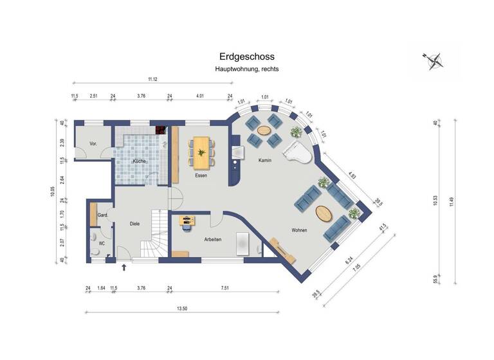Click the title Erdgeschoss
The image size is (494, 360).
(x=247, y=57)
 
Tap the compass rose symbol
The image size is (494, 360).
(x=435, y=60)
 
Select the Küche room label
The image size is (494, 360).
(x=139, y=161)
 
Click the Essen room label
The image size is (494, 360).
(x=201, y=175)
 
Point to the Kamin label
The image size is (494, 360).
(x=264, y=160)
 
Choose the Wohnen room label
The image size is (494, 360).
(x=298, y=230)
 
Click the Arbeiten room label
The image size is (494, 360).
(x=213, y=239)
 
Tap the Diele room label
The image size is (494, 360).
(x=134, y=224)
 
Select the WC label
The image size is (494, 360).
(x=102, y=244)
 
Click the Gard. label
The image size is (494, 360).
(x=102, y=215)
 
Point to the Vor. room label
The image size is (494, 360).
(x=93, y=143)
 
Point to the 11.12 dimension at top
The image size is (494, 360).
(x=152, y=79)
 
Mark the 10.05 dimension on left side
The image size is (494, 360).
(x=53, y=192)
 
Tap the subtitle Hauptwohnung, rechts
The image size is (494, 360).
(x=247, y=69)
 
